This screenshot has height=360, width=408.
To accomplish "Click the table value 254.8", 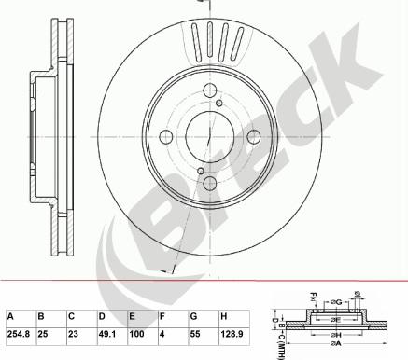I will [x=19, y=331].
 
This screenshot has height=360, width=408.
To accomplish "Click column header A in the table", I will [x=11, y=313].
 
